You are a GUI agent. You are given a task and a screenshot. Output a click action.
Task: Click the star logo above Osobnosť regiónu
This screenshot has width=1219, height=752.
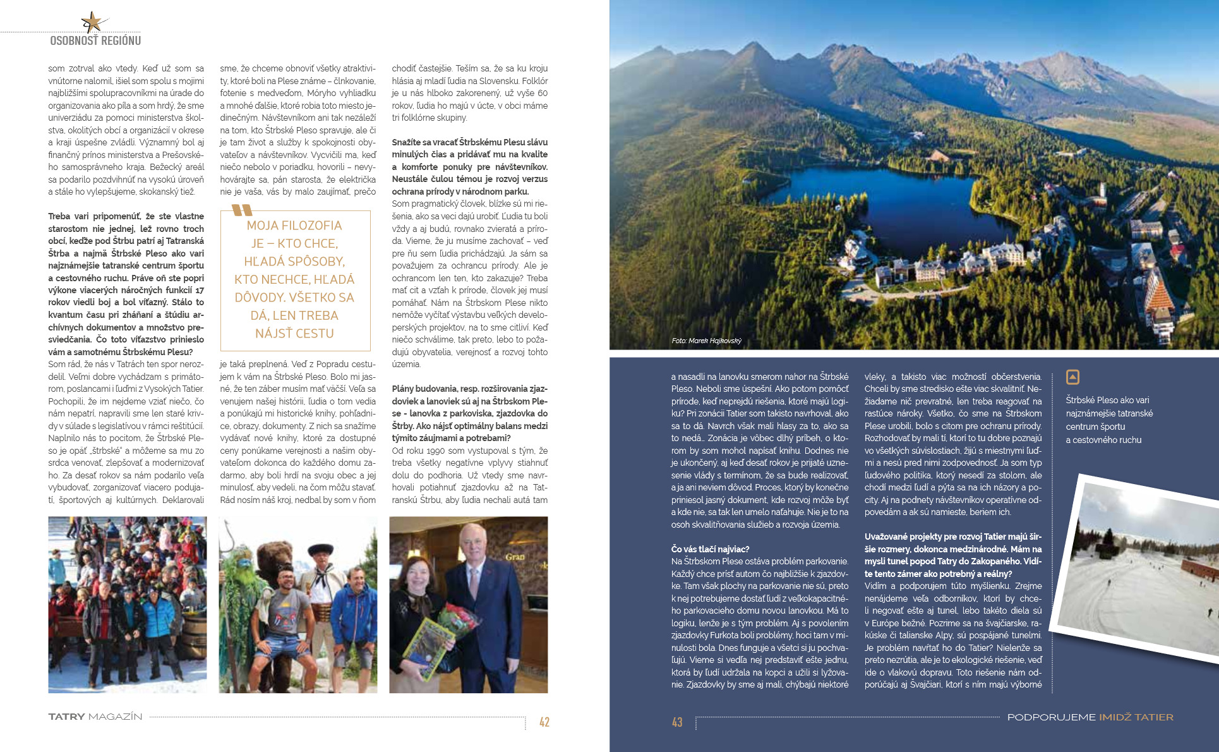(93, 23)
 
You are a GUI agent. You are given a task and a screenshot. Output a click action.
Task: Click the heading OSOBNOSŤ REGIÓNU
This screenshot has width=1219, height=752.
(95, 40)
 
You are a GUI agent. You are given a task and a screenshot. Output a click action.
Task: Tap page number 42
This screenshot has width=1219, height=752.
(544, 722)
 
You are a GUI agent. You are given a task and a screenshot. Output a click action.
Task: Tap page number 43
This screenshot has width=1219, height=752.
(677, 722)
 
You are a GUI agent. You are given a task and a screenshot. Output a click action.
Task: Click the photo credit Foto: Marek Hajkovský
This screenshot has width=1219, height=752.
(706, 341)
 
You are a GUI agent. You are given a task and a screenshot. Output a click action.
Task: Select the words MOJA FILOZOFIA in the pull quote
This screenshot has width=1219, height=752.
(294, 226)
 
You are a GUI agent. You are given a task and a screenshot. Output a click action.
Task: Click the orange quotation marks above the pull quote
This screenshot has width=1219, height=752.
(242, 210)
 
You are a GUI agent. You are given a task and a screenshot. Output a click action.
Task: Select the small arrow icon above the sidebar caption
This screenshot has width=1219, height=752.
(1072, 377)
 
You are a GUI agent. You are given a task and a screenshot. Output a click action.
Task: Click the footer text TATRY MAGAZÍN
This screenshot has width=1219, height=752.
(95, 717)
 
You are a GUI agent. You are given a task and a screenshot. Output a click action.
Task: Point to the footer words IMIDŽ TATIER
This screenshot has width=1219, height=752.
(1136, 717)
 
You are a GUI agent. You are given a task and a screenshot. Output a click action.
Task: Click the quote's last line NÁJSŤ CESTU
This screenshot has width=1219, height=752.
(294, 333)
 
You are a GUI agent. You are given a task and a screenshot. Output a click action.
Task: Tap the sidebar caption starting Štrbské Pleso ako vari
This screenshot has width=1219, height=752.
(1109, 420)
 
